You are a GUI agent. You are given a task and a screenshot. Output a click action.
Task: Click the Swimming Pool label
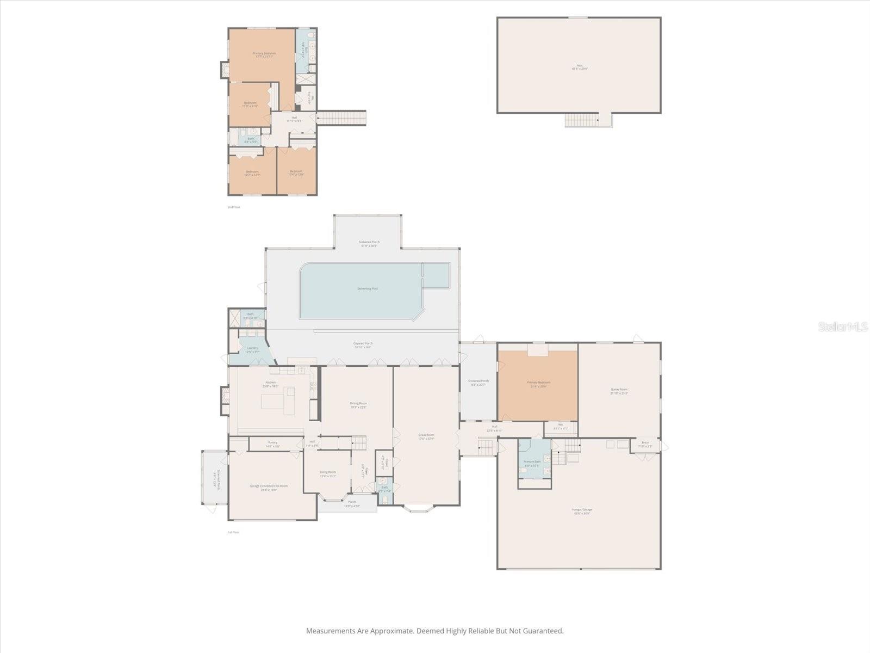(368, 288)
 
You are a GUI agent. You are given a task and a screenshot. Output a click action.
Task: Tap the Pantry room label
(272, 443)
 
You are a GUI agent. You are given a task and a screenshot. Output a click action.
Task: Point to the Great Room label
(426, 435)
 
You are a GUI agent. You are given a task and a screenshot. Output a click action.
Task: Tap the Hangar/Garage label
(582, 510)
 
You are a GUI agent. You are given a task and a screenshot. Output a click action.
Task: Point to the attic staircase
(582, 120)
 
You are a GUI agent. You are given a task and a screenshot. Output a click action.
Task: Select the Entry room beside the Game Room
(645, 443)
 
